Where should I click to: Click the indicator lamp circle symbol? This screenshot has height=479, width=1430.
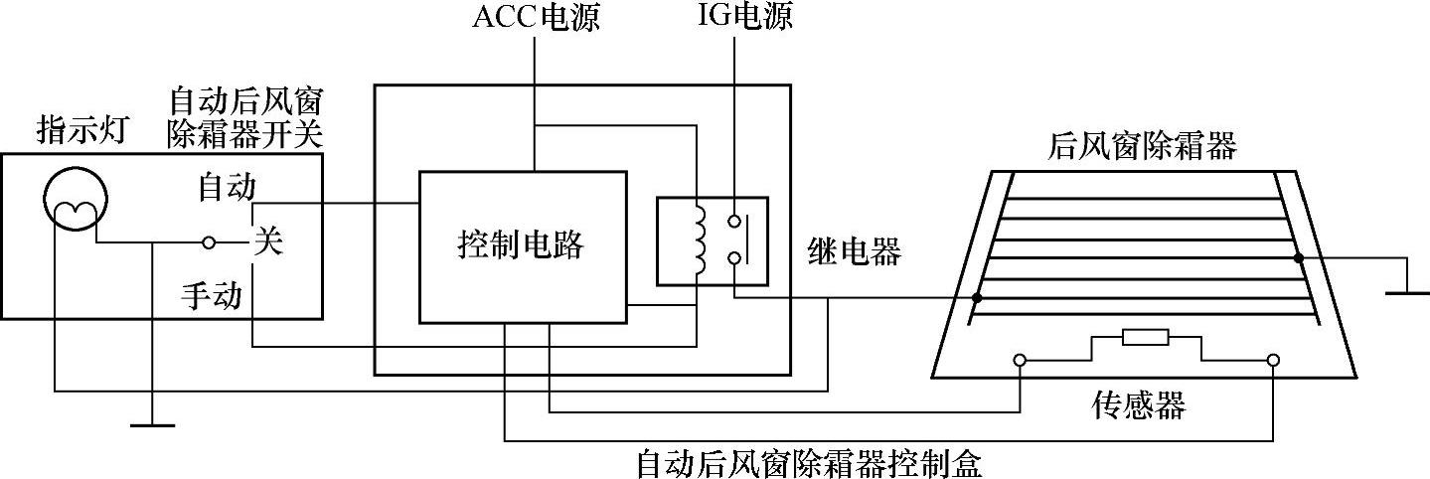click(73, 197)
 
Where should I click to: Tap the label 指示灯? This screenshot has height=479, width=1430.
click(82, 130)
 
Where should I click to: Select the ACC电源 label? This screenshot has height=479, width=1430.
click(535, 18)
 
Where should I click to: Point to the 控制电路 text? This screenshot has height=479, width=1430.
click(521, 245)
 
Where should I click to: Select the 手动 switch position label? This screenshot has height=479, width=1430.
click(212, 295)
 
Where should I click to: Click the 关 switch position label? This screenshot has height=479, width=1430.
click(268, 241)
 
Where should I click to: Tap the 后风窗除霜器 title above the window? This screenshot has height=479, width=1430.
click(1142, 147)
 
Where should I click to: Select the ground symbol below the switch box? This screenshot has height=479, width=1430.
click(152, 425)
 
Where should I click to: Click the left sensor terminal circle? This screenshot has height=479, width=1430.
click(1020, 360)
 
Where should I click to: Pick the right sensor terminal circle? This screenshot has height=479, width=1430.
click(1273, 360)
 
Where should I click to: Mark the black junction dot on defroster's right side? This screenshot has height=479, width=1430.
click(1298, 258)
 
